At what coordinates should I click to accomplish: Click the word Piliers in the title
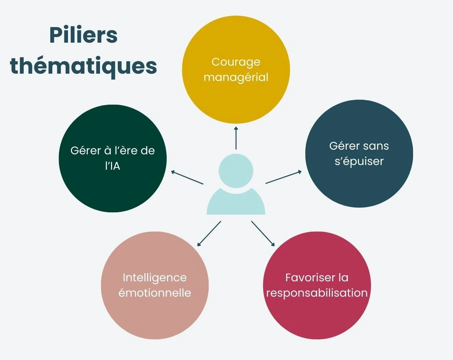tap(83, 35)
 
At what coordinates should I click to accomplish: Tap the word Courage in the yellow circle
tap(236, 62)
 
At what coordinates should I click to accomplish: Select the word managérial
tap(236, 77)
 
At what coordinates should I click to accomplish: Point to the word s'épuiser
tap(359, 161)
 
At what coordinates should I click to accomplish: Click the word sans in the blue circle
tap(376, 146)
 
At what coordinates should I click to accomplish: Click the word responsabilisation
tap(317, 293)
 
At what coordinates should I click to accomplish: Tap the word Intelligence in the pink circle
tap(155, 277)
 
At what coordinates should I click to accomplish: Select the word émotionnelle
tap(155, 293)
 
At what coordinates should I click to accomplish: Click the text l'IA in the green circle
tap(113, 166)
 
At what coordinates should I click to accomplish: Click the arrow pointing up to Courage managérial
tap(236, 138)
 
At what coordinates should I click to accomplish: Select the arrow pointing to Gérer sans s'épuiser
tap(283, 177)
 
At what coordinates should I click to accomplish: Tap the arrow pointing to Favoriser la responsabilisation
tap(263, 234)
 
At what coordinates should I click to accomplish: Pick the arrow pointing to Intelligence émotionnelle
tap(209, 234)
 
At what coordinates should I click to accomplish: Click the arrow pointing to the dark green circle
tap(187, 178)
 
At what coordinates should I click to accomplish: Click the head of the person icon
tap(236, 171)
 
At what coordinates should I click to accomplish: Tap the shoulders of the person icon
tap(236, 203)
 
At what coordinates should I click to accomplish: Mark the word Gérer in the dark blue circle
tap(343, 146)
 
